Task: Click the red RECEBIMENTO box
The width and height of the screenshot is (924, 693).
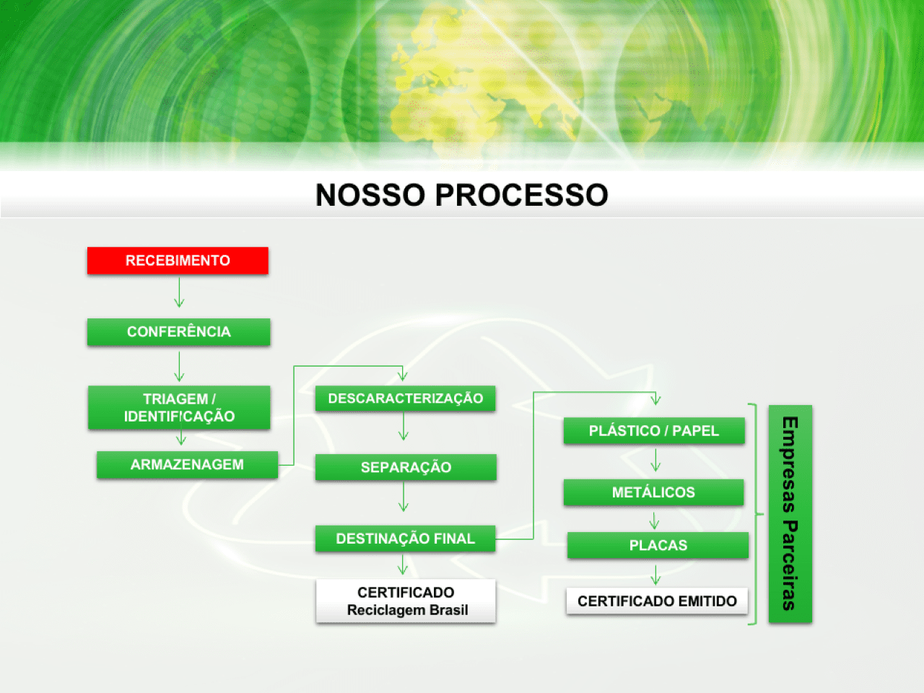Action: pyautogui.click(x=178, y=261)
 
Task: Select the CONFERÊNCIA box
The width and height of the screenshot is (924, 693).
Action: pyautogui.click(x=179, y=332)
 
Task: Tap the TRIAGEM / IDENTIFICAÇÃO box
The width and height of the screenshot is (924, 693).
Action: pyautogui.click(x=179, y=407)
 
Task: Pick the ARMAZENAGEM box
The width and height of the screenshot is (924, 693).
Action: pyautogui.click(x=187, y=464)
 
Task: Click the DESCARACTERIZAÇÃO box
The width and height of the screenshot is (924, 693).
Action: pyautogui.click(x=406, y=398)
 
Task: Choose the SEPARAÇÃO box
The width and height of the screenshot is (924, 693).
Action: pyautogui.click(x=406, y=467)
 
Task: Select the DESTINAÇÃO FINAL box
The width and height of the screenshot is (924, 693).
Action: pyautogui.click(x=406, y=539)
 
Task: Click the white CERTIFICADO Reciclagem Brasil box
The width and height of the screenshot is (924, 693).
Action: pyautogui.click(x=406, y=601)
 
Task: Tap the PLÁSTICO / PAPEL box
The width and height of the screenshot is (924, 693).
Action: pyautogui.click(x=654, y=430)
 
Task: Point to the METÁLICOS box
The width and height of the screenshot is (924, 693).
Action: pyautogui.click(x=654, y=492)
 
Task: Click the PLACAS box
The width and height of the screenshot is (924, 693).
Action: pyautogui.click(x=658, y=545)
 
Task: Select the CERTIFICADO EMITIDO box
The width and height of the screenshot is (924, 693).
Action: pyautogui.click(x=657, y=601)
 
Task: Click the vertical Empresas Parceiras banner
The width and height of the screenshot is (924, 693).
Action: pyautogui.click(x=790, y=514)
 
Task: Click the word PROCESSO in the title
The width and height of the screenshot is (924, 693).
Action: pyautogui.click(x=522, y=195)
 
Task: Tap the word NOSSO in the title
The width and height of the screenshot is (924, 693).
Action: pyautogui.click(x=370, y=195)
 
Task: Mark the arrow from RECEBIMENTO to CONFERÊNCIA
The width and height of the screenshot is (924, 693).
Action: pyautogui.click(x=179, y=292)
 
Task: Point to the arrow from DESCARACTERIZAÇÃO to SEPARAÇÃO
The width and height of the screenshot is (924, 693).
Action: pyautogui.click(x=404, y=426)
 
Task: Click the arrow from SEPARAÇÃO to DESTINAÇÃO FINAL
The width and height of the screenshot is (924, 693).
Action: pyautogui.click(x=404, y=497)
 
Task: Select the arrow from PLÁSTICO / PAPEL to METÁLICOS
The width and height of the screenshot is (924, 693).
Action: pyautogui.click(x=655, y=460)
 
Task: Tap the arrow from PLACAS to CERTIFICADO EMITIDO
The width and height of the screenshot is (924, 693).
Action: pyautogui.click(x=655, y=575)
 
